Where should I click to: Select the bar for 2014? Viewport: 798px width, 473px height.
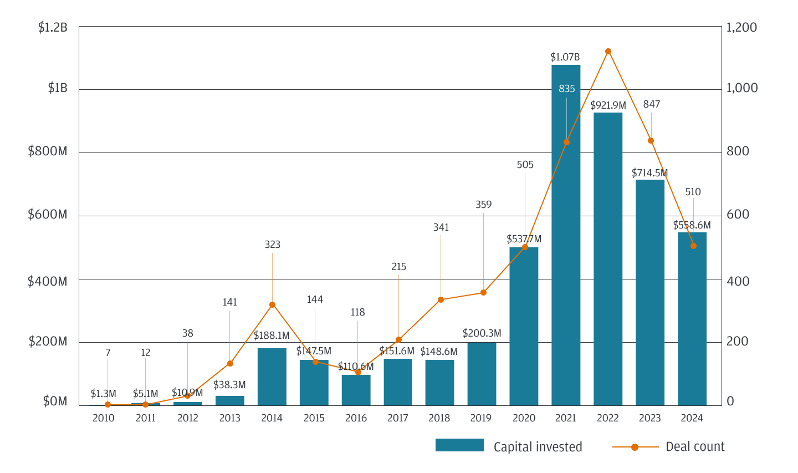pos(272,377)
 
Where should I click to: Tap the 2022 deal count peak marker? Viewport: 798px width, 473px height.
pos(608,52)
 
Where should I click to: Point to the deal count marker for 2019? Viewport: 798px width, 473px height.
pos(483,292)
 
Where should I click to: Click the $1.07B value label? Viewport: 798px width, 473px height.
pos(565,57)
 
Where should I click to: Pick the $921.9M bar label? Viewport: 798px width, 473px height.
pos(608,105)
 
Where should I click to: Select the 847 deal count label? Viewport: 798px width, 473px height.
pos(651,104)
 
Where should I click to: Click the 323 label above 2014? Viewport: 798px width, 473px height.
pos(272,245)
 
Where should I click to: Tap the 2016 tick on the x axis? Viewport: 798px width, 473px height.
pos(356,418)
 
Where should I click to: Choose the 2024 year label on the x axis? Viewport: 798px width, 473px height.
pos(692,418)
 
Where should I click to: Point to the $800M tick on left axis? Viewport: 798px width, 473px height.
pos(48,151)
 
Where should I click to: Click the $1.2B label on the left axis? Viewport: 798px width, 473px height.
pos(53,27)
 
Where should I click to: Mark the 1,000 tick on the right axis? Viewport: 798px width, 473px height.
pos(742,88)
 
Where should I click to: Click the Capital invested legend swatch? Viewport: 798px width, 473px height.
pos(459,445)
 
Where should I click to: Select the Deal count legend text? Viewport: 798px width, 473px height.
pos(695,447)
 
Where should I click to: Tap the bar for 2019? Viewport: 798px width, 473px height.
pos(482,374)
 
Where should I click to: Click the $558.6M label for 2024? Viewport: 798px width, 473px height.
pos(692,225)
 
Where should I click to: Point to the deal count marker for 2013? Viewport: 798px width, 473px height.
pos(230,363)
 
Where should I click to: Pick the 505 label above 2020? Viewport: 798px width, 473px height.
pos(525,165)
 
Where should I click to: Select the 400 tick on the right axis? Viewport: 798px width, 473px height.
pos(738,281)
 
